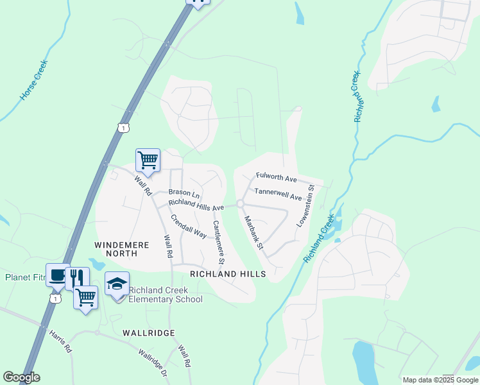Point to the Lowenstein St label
305,206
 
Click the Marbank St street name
253,232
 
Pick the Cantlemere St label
218,243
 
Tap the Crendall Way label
188,226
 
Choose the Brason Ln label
184,192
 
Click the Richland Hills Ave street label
196,204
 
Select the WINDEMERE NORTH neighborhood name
121,249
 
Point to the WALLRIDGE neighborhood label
148,333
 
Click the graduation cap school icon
117,283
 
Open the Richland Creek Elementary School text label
166,295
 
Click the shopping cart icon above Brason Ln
148,158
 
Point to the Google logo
21,377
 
